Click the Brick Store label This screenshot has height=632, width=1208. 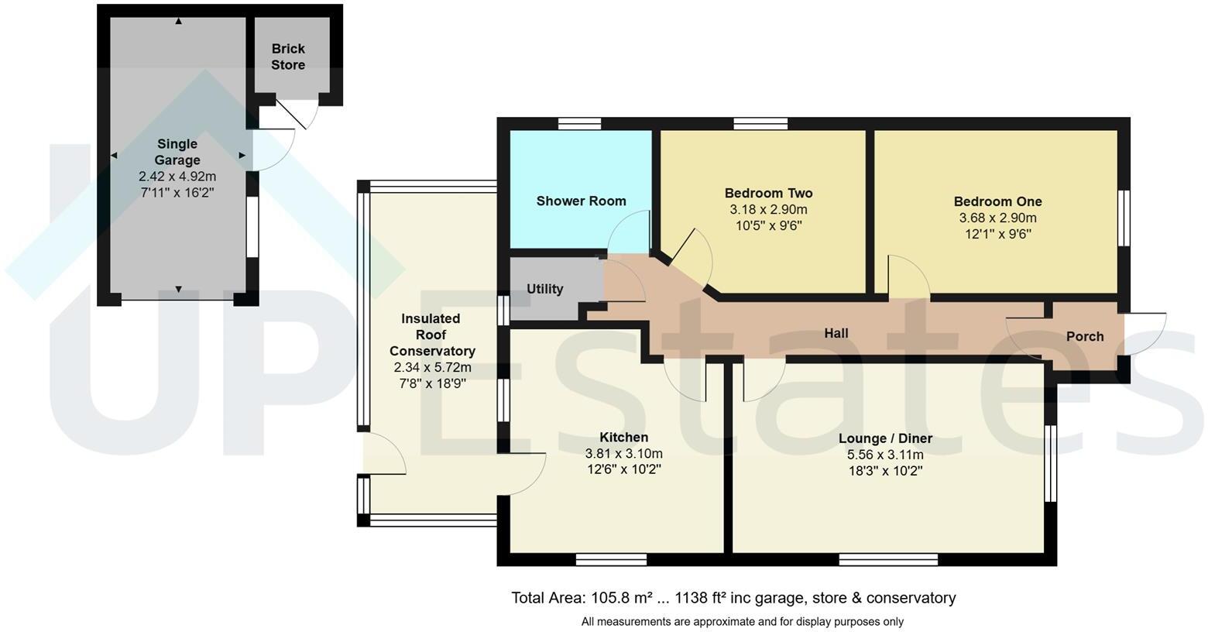click(287, 57)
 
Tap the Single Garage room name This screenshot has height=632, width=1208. click(177, 152)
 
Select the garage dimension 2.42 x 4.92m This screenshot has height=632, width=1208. click(177, 177)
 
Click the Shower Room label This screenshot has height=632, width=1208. click(581, 201)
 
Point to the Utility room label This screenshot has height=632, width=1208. click(544, 289)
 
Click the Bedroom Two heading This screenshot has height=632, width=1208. click(768, 193)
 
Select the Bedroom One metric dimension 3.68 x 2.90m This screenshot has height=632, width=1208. click(997, 218)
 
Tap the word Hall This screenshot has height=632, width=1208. click(836, 333)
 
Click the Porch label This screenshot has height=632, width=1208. click(1084, 336)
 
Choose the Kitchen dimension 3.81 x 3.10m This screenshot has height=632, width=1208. click(623, 454)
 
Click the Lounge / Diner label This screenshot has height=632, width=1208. click(885, 438)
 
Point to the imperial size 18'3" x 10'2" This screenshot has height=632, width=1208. click(885, 471)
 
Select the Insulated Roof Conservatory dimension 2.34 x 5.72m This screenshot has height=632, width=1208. click(432, 367)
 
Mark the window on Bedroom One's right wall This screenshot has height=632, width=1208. click(1124, 218)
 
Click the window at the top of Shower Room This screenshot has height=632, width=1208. click(579, 123)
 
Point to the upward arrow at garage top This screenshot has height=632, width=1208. click(179, 22)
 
